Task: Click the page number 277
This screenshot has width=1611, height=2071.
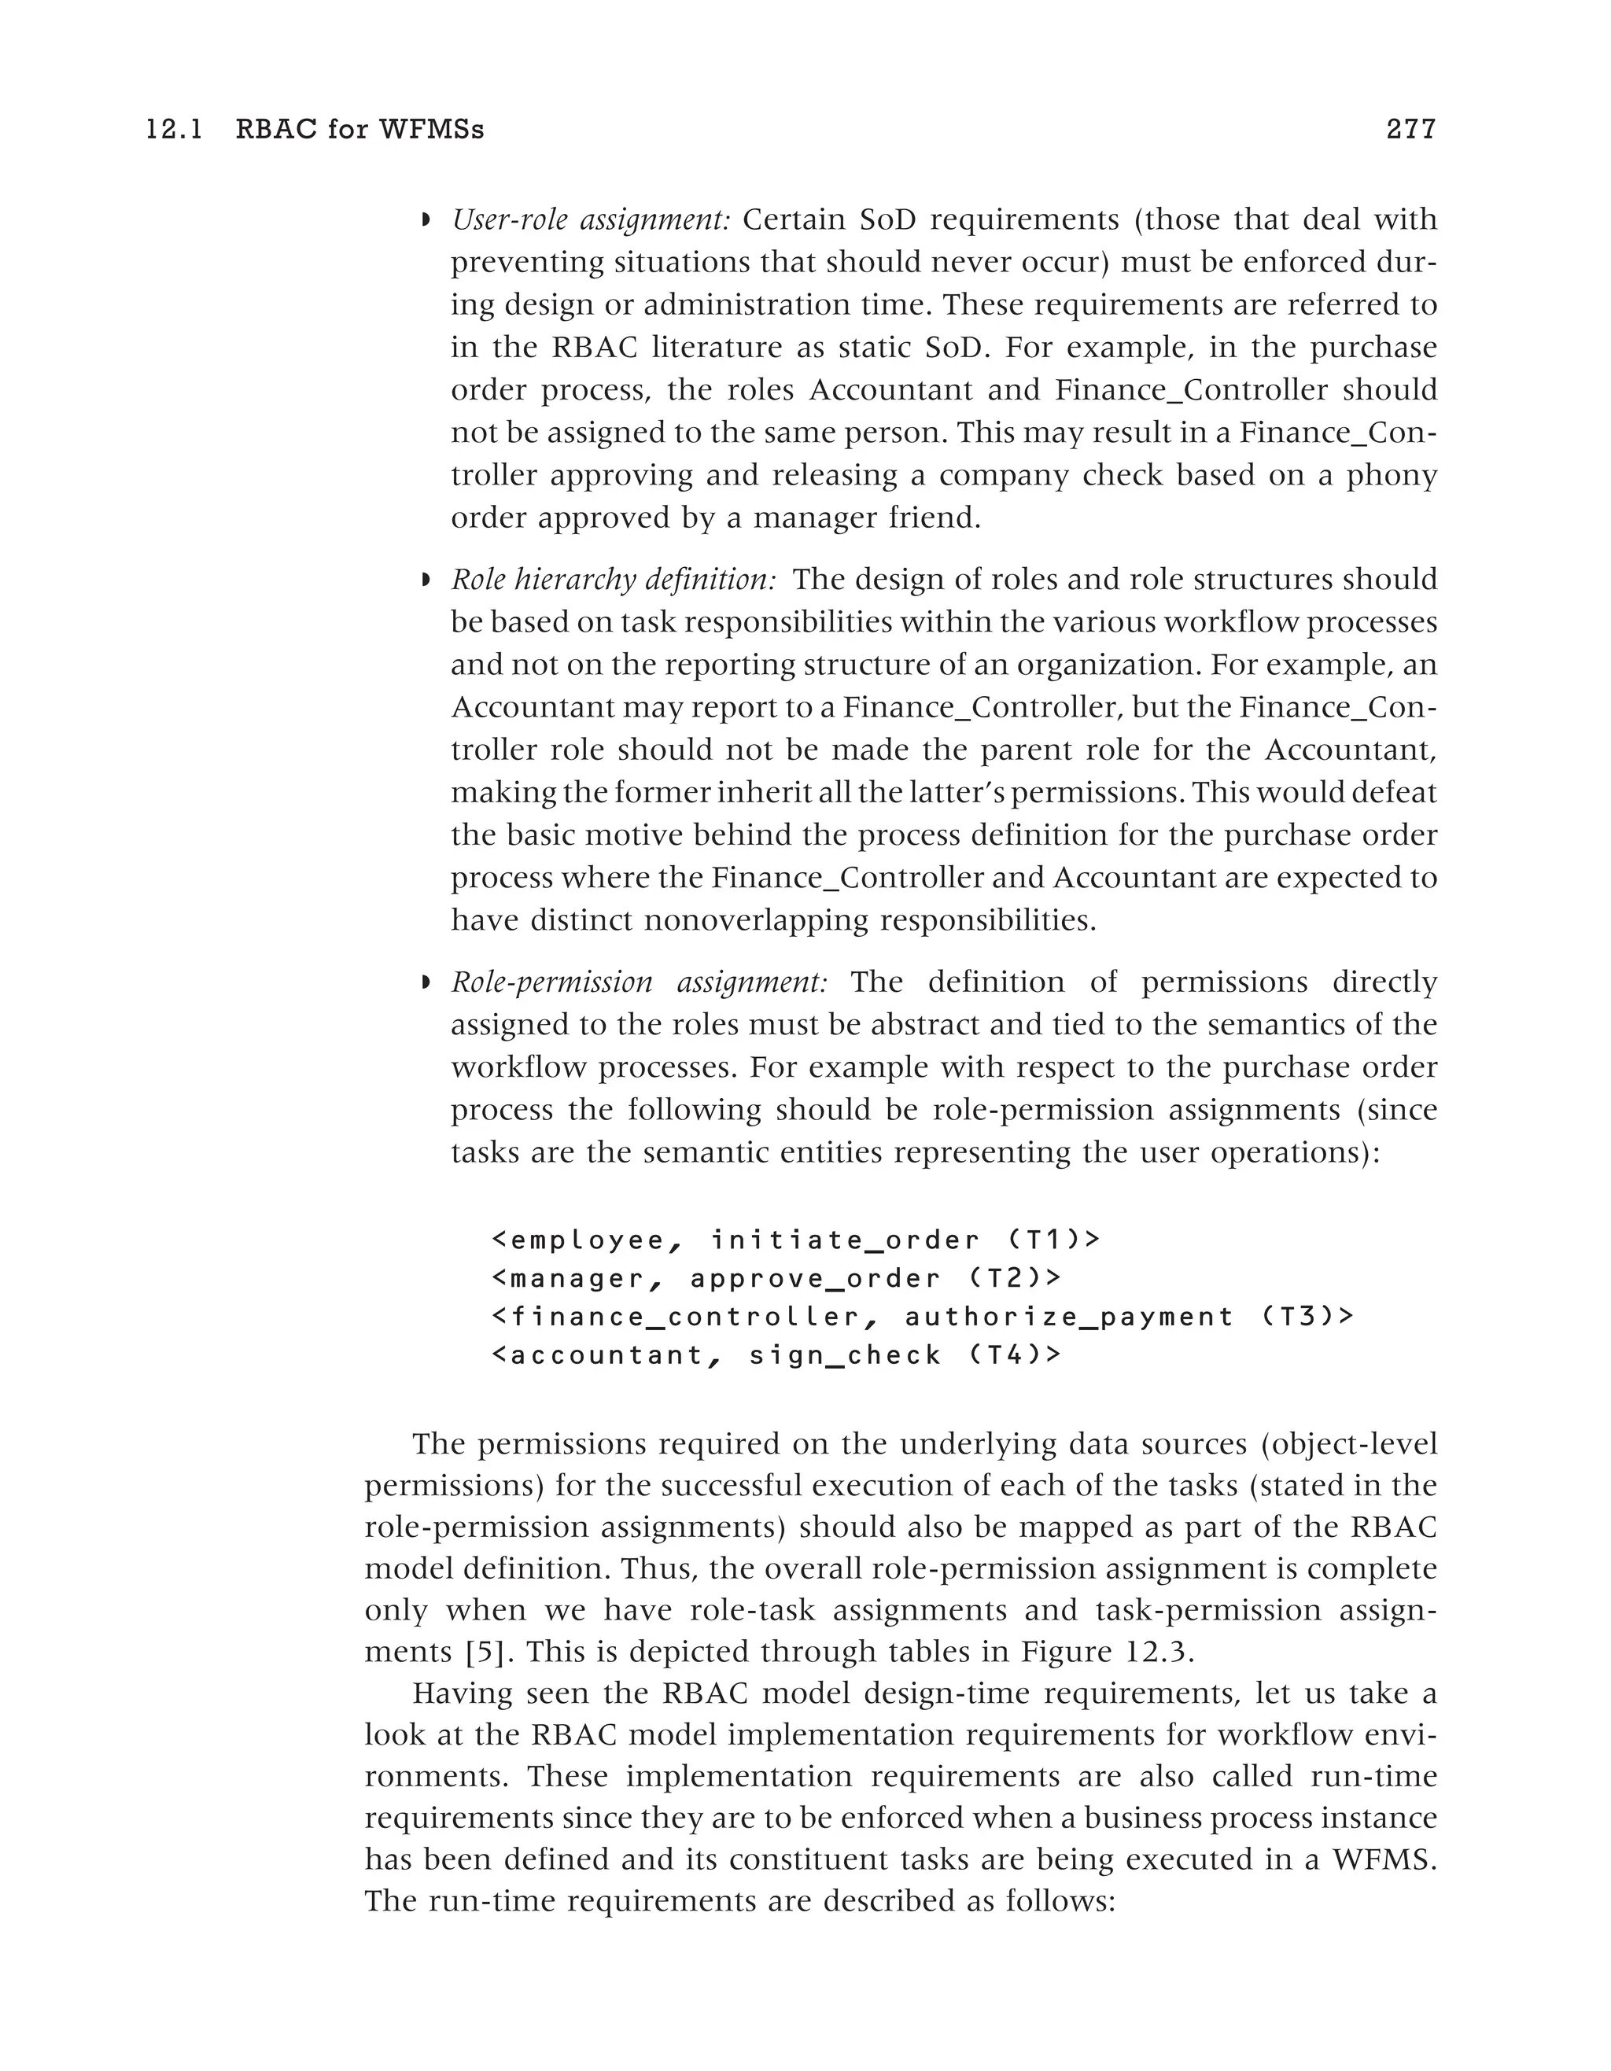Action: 1411,129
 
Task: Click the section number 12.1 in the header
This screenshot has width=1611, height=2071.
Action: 175,129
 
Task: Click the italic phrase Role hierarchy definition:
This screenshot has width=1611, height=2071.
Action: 614,580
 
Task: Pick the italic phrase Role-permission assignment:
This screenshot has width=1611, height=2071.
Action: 639,982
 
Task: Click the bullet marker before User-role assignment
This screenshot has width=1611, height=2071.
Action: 426,221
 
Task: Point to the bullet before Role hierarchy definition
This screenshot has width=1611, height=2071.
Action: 426,580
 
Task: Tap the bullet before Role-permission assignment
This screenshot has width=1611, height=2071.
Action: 426,982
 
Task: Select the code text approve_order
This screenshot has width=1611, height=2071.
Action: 816,1279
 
